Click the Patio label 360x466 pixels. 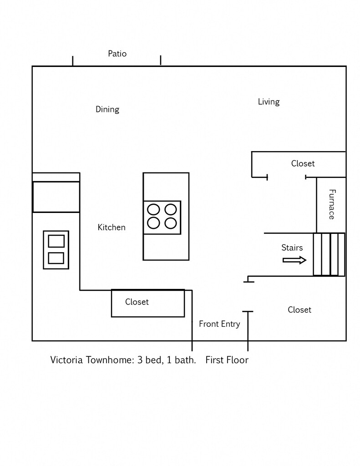coord(117,54)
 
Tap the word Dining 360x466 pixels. coord(107,109)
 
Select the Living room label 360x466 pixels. coord(269,101)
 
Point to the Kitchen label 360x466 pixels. coord(112,227)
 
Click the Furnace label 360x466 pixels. coord(332,204)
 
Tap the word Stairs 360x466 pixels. coord(292,248)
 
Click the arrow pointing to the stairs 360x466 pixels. coord(294,260)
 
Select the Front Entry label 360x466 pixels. coord(219,324)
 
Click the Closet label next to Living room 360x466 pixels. coord(303,163)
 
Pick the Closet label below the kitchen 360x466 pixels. coord(137,302)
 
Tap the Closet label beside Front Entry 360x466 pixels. coord(299,310)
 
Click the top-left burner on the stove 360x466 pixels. coord(154,209)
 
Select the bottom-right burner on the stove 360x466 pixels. coord(171,223)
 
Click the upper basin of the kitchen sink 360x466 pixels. coord(56,241)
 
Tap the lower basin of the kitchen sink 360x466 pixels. coord(56,258)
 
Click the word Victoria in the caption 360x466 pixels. coord(66,360)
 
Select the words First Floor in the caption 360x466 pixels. coord(227,360)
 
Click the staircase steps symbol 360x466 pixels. coord(329,254)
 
